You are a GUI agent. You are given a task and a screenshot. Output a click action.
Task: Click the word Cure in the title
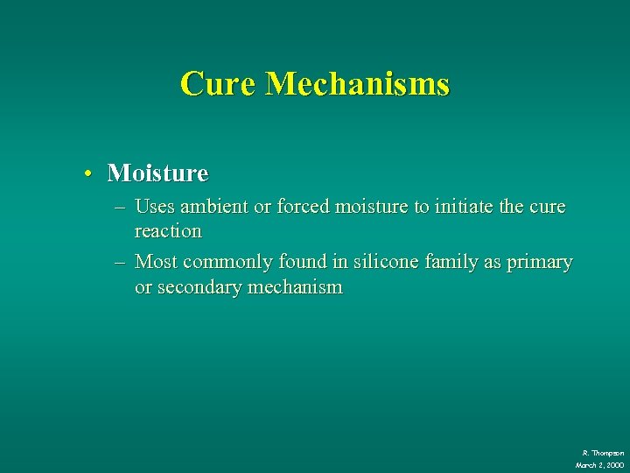click(219, 84)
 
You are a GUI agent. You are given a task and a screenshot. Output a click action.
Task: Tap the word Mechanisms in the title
click(357, 84)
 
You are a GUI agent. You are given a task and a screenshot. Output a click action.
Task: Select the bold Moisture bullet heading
click(157, 173)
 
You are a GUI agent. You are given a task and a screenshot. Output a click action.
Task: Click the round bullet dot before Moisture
click(89, 174)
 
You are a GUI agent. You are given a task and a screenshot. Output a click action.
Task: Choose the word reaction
click(168, 231)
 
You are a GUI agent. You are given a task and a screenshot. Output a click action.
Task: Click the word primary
click(542, 262)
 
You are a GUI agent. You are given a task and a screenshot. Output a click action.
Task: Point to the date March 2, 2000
click(599, 464)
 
